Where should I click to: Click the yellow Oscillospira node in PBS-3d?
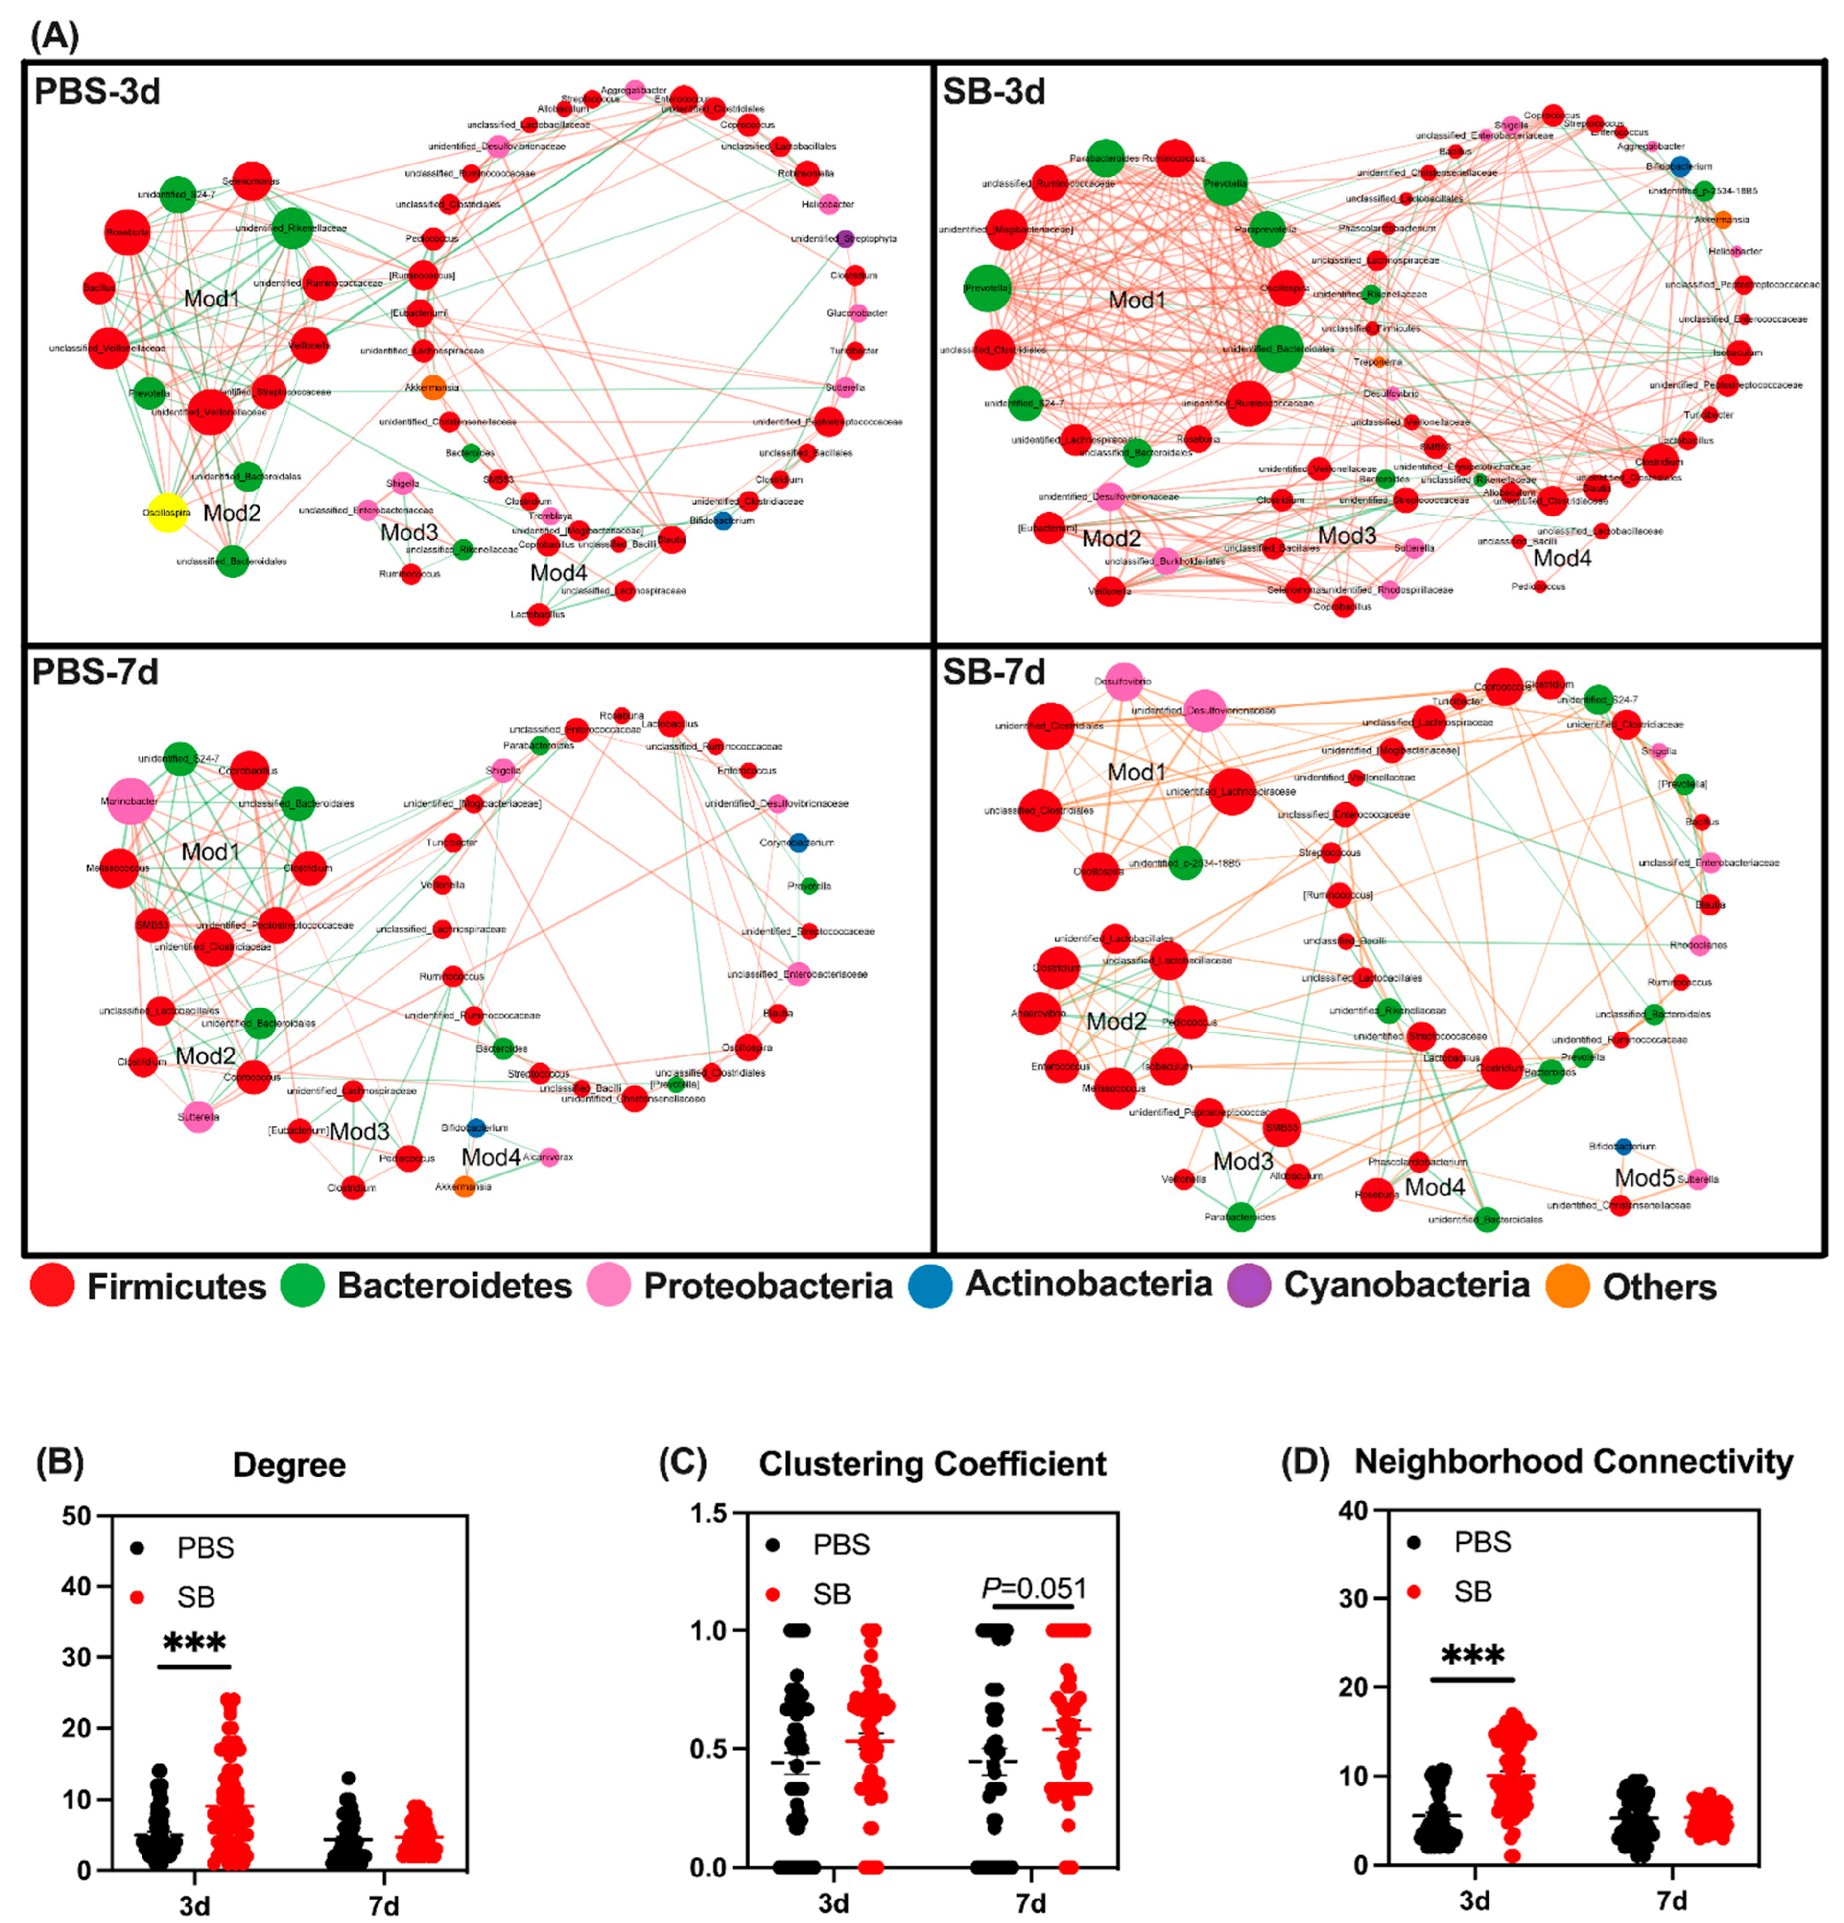(x=168, y=512)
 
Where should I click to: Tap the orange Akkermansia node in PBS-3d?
(x=433, y=388)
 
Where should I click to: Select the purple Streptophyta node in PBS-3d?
(x=845, y=238)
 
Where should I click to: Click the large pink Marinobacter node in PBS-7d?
(x=131, y=801)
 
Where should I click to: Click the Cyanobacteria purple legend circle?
(x=1249, y=1285)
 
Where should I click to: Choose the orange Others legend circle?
(x=1567, y=1285)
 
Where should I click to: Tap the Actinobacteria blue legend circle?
(x=929, y=1285)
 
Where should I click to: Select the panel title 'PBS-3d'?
(x=96, y=91)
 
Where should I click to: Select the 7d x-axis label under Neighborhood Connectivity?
(x=1671, y=1900)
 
